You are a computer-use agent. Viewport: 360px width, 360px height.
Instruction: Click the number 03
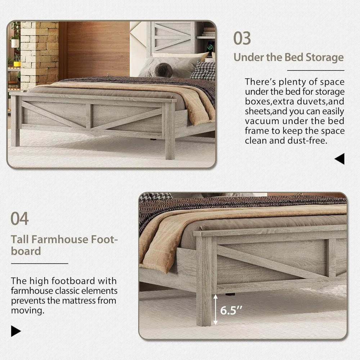click(x=242, y=38)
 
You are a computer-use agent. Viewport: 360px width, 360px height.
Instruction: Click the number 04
click(x=19, y=219)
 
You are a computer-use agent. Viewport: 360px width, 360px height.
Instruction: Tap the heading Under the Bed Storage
click(x=288, y=58)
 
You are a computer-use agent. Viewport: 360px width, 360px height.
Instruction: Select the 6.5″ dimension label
click(x=231, y=310)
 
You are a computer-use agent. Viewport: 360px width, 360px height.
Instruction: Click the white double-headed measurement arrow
click(x=216, y=309)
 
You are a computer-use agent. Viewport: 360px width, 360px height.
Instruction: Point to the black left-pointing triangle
click(x=339, y=159)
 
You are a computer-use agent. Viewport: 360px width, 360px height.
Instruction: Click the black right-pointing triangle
click(x=16, y=331)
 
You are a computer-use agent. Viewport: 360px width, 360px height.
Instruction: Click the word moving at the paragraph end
click(x=27, y=310)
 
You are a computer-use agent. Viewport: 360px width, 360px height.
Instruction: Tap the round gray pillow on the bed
click(x=164, y=70)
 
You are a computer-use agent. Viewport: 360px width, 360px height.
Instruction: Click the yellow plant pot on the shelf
click(x=17, y=63)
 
